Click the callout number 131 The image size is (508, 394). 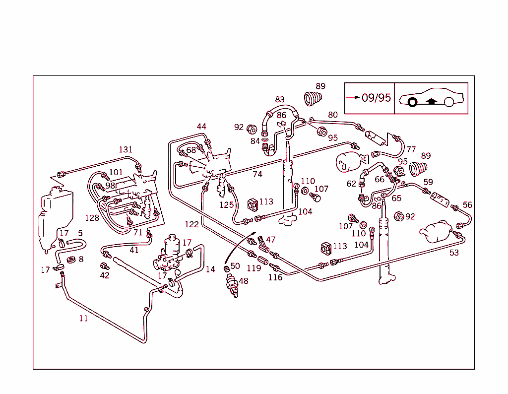point(126,149)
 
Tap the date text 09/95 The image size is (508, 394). point(376,98)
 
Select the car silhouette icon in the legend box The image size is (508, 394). point(431,98)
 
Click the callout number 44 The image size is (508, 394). point(201,127)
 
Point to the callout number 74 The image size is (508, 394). point(257,174)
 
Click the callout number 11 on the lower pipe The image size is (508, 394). point(83,318)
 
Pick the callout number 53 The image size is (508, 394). point(454,253)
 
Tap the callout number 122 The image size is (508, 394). point(191,224)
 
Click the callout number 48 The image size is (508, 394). point(244,280)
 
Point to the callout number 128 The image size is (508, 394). point(92,217)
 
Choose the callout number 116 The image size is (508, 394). point(275,277)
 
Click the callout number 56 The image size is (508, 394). point(467,204)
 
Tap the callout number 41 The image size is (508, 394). point(134,250)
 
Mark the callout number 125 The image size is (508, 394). point(227,204)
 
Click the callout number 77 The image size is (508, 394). point(411,149)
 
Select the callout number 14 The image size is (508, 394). point(210,269)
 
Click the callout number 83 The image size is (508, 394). point(280,100)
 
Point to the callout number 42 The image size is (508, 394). point(104,275)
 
